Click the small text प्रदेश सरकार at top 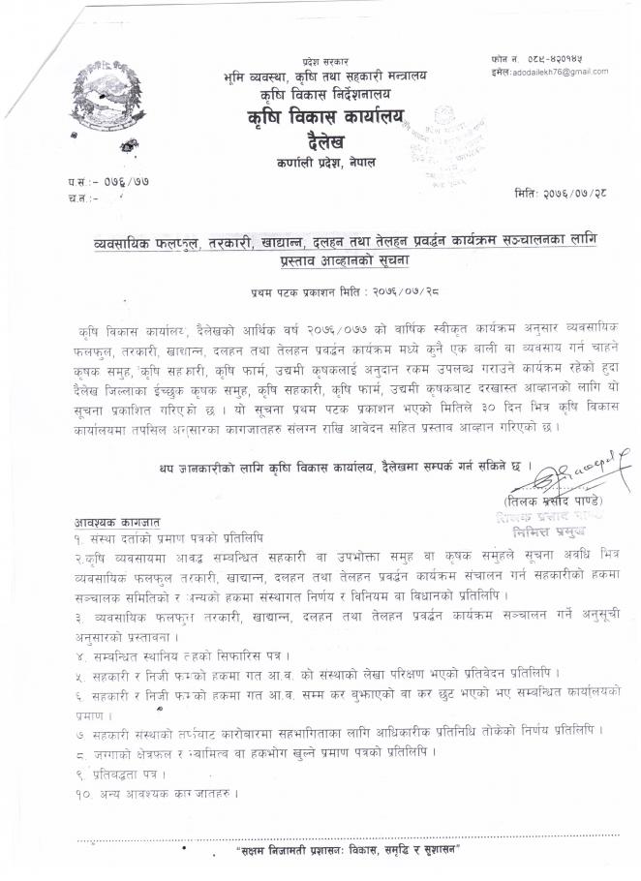(325, 60)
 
